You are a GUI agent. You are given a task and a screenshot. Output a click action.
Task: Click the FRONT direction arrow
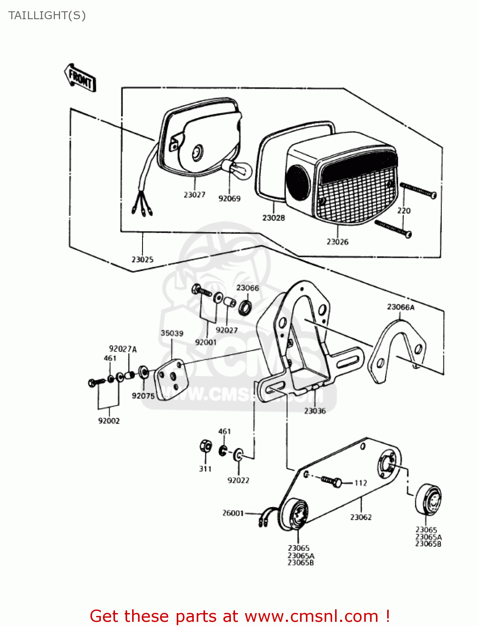coord(80,78)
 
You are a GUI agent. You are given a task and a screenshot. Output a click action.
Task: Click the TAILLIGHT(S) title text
coord(47,15)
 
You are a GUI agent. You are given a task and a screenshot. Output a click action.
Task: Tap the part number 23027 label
coord(194,194)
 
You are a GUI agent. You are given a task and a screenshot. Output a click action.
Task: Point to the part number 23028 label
coord(273,218)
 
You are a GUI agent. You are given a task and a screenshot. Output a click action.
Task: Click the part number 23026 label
coord(337,242)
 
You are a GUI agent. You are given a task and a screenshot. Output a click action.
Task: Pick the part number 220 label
coord(403,211)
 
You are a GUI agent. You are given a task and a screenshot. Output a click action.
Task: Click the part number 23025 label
coord(142,260)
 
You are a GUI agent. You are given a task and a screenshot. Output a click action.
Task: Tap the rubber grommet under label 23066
coord(245,308)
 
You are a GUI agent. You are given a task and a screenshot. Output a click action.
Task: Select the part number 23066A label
coord(400,307)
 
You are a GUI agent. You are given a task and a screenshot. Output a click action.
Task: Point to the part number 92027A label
coord(123,349)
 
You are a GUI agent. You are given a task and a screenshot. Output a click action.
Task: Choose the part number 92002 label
coord(109,421)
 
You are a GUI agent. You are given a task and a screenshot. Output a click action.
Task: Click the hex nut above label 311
coord(205,447)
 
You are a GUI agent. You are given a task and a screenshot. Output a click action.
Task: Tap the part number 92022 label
coord(238,480)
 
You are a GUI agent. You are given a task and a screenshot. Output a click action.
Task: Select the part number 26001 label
coord(233,513)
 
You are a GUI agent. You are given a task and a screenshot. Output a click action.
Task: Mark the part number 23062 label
coord(360,517)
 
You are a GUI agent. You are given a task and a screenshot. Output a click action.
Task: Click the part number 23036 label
coord(315,411)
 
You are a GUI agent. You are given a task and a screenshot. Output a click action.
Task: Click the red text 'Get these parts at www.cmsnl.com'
coord(239,616)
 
